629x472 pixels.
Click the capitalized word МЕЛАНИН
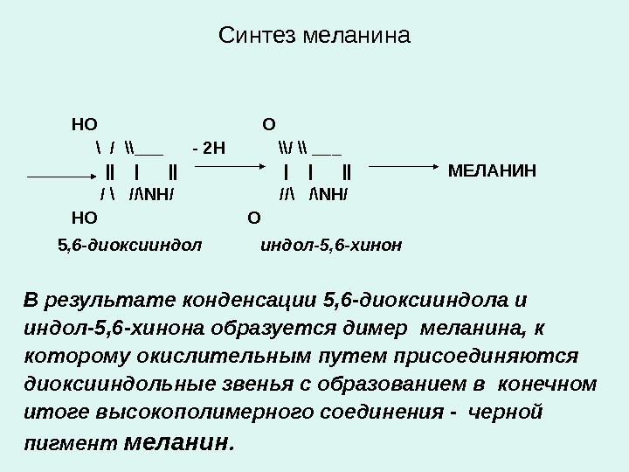point(492,169)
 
